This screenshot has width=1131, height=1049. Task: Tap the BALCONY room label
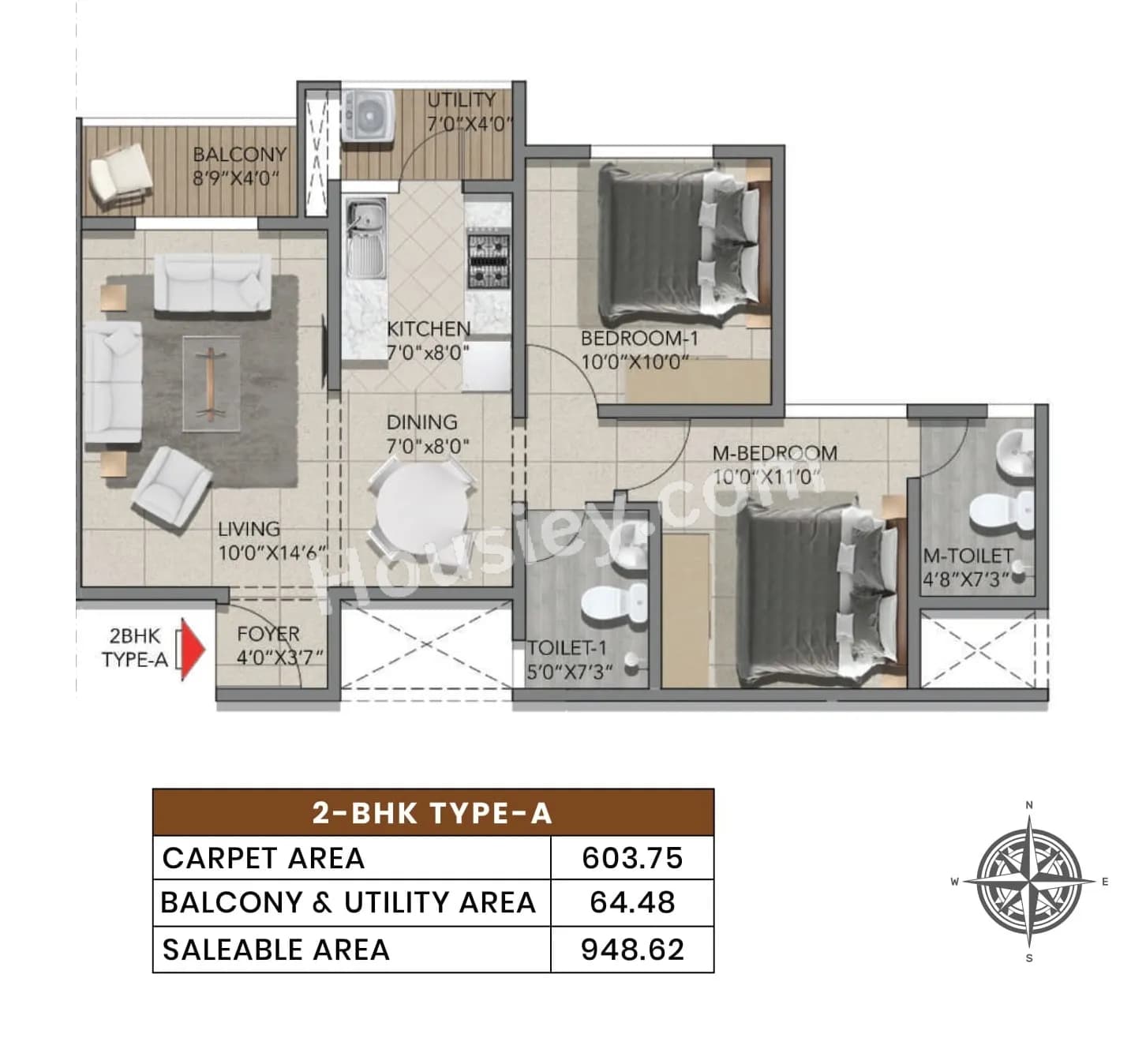tap(239, 155)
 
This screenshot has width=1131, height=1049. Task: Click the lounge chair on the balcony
tap(120, 175)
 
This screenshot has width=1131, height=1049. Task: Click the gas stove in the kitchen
tap(489, 260)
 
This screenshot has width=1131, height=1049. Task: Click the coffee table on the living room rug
tap(211, 383)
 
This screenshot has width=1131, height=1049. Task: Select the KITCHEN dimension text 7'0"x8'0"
tap(428, 352)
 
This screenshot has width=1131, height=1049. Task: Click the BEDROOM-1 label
tap(639, 339)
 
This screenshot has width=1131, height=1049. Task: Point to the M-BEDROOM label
tap(774, 453)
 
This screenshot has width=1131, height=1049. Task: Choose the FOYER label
tap(268, 634)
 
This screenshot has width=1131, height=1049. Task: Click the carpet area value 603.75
tap(632, 858)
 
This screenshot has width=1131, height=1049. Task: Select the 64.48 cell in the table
tap(632, 902)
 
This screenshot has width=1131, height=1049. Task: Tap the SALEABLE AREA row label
tap(275, 950)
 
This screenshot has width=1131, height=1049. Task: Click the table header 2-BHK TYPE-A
tap(433, 812)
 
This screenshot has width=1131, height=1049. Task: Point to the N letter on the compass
tap(1028, 805)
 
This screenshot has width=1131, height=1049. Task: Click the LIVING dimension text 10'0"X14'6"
tap(272, 553)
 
